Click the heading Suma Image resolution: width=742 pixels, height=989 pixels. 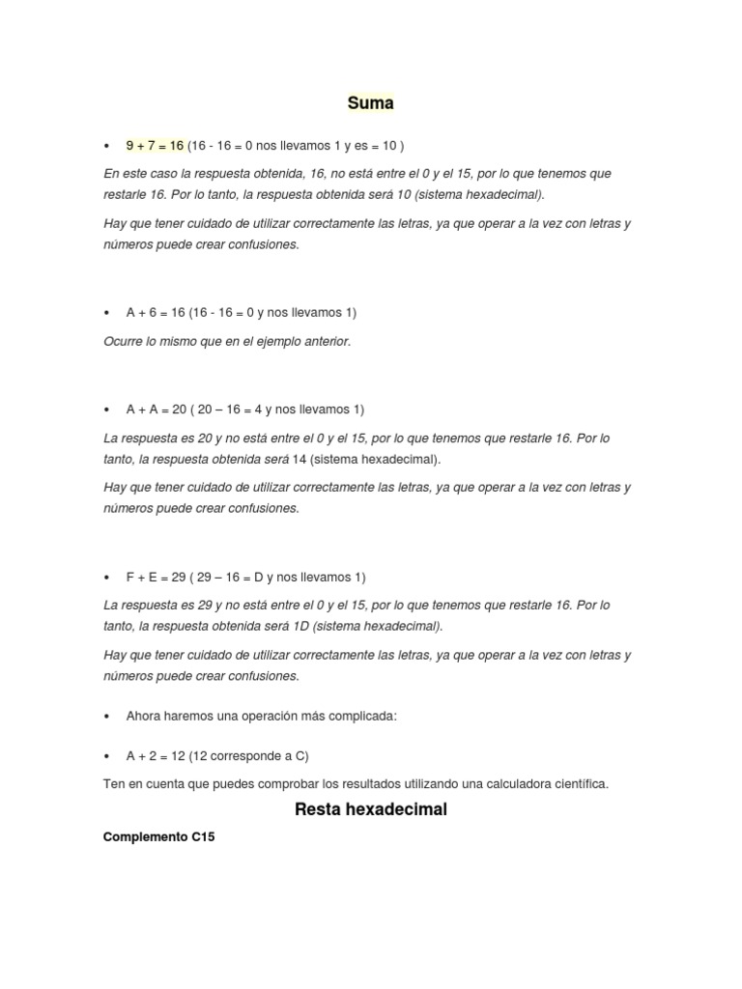click(371, 102)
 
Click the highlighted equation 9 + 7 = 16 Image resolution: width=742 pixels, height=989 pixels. click(155, 146)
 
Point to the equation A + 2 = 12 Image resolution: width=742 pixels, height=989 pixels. click(156, 755)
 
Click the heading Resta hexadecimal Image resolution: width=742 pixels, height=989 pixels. click(371, 809)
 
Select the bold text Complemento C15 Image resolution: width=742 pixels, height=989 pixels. click(158, 837)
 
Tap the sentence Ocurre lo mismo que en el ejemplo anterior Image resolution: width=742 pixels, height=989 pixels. click(227, 342)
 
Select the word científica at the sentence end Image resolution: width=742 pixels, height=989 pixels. click(579, 784)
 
